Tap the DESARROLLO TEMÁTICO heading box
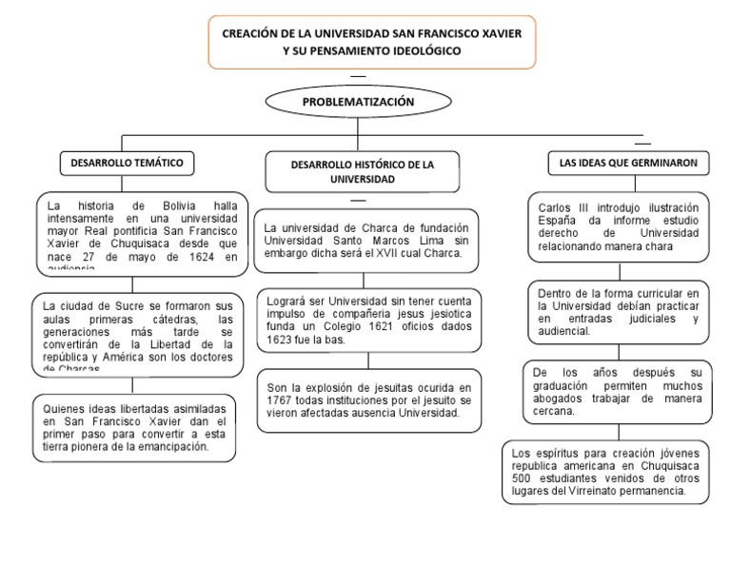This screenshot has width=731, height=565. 127,164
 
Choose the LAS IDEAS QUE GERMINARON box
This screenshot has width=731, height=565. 629,164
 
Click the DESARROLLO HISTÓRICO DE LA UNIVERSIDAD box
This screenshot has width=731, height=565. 363,171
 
